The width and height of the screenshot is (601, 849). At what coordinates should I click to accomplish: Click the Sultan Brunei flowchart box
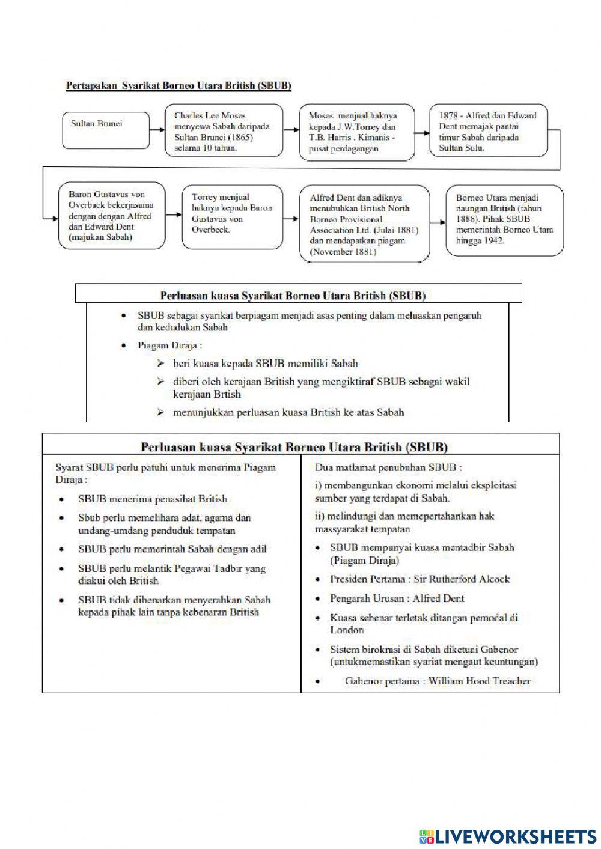[x=106, y=130]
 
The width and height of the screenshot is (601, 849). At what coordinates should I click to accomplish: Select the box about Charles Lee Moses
[x=224, y=132]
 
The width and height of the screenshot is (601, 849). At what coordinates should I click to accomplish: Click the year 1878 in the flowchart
[x=448, y=115]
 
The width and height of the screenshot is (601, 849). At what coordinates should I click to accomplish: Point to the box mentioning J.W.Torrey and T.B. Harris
[x=357, y=132]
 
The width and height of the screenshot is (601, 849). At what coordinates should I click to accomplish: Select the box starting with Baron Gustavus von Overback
[x=112, y=216]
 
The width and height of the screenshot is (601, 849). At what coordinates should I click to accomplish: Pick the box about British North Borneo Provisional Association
[x=365, y=224]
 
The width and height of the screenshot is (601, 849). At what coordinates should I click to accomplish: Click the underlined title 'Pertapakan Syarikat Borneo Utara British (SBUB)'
[x=178, y=86]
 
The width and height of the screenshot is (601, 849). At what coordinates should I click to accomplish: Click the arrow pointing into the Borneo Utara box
[x=439, y=220]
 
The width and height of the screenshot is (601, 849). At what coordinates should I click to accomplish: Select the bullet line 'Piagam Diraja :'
[x=169, y=345]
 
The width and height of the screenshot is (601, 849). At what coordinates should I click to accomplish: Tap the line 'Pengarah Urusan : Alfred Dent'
[x=397, y=598]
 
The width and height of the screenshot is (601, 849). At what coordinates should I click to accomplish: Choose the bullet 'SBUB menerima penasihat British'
[x=153, y=499]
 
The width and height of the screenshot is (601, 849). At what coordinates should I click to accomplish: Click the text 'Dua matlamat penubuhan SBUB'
[x=388, y=467]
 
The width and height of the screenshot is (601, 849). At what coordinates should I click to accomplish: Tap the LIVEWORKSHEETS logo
[x=508, y=836]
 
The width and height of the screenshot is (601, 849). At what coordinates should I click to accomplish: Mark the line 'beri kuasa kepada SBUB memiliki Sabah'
[x=265, y=363]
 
